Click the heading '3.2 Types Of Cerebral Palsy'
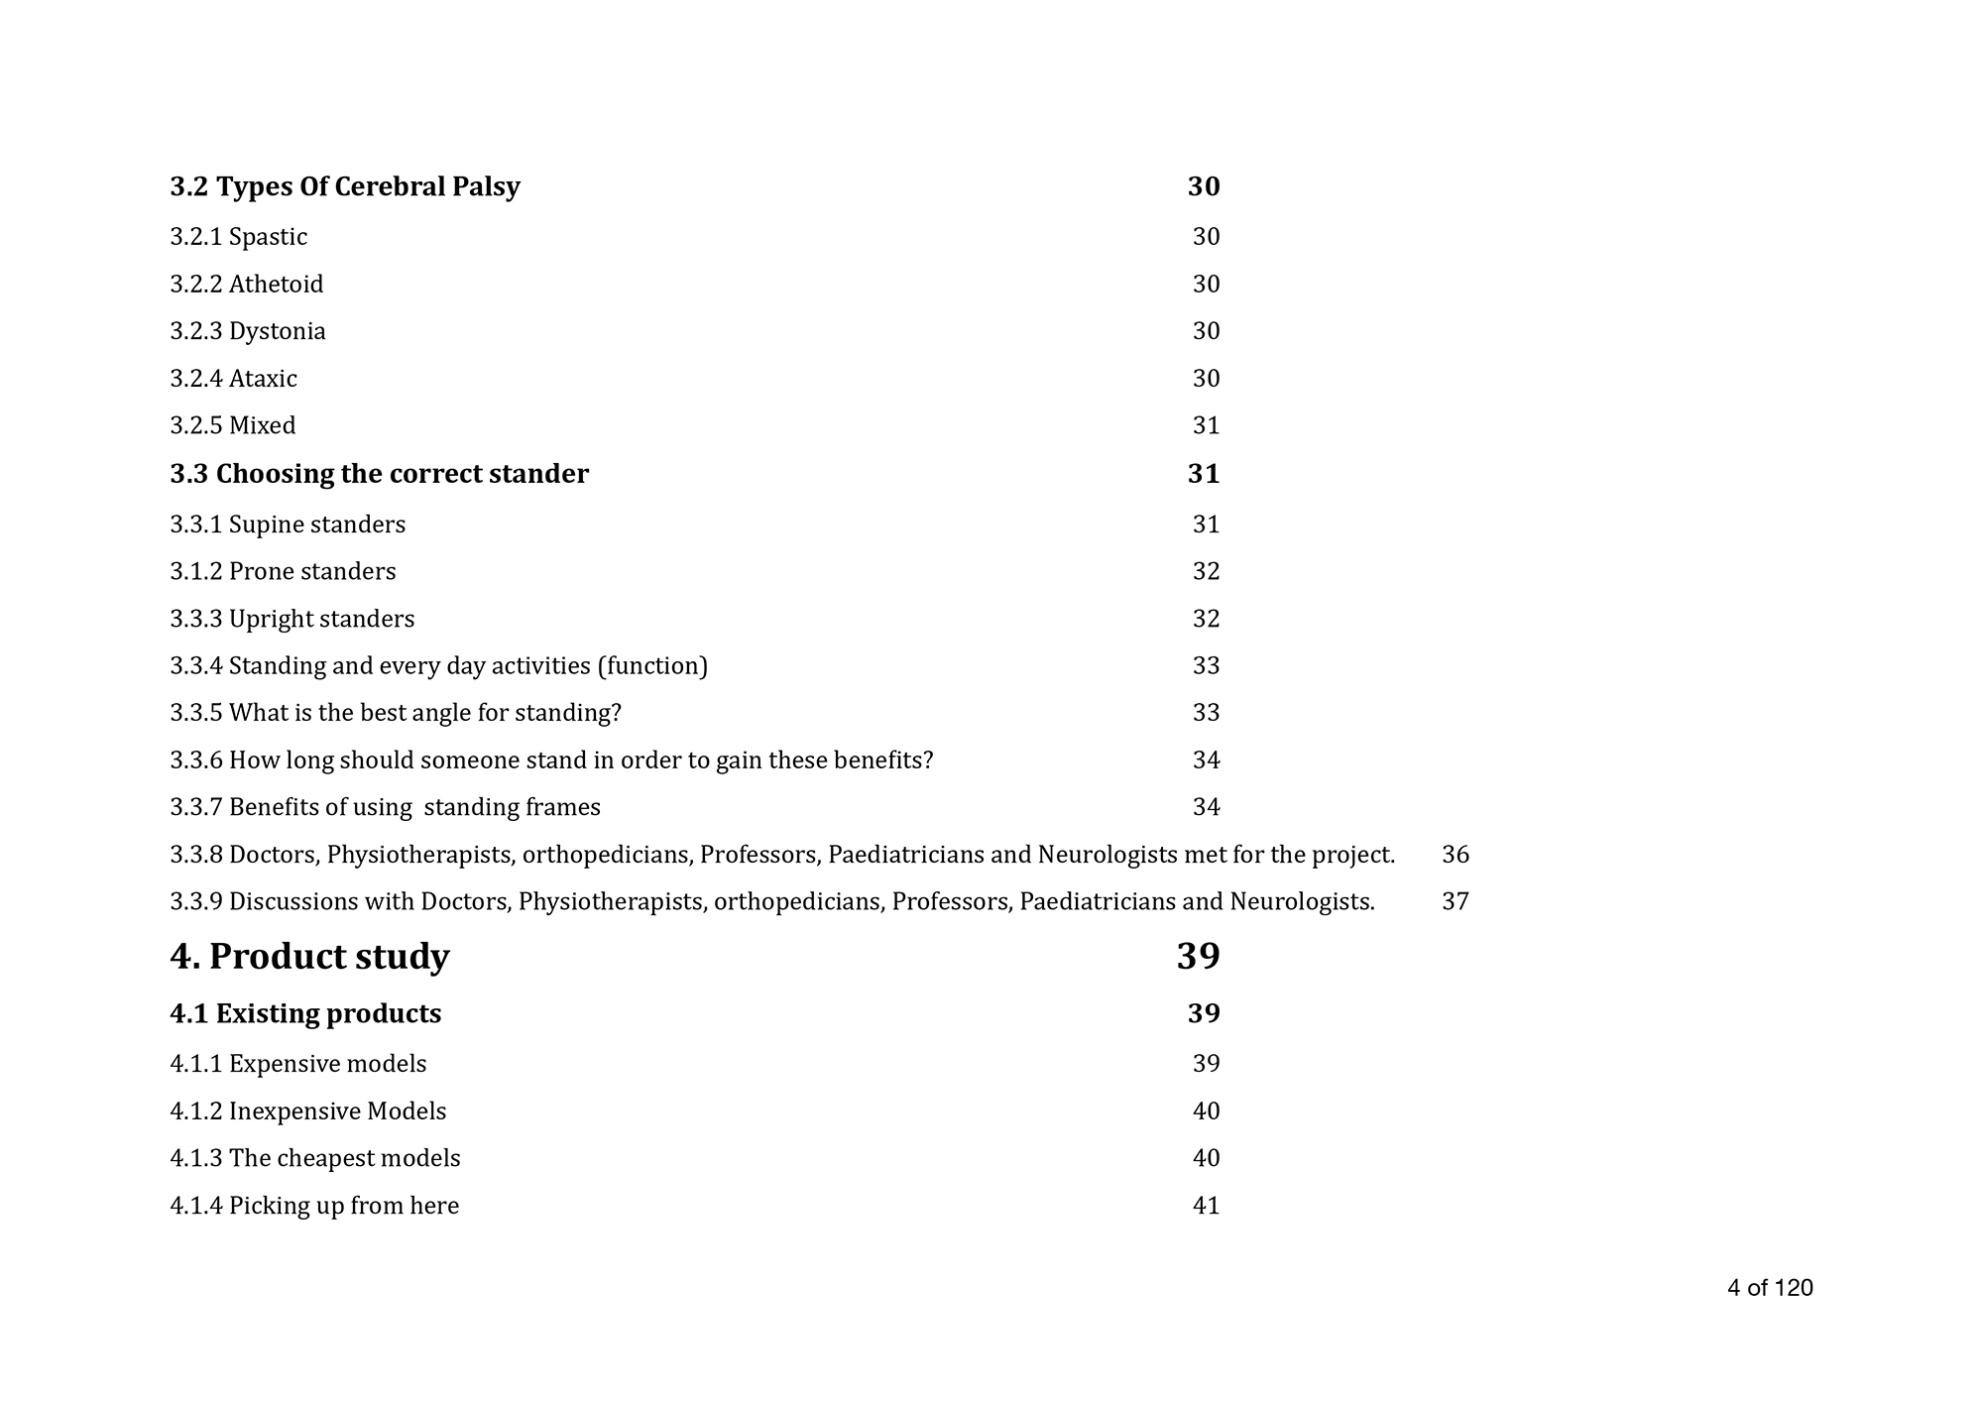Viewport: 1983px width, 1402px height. click(x=344, y=186)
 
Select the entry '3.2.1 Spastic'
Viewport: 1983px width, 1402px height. click(x=238, y=237)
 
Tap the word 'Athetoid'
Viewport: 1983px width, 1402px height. click(x=276, y=285)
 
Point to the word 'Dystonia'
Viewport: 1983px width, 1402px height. click(x=277, y=331)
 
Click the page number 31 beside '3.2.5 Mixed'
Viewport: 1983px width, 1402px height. click(x=1206, y=425)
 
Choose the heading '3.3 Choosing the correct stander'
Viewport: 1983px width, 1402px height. click(x=379, y=474)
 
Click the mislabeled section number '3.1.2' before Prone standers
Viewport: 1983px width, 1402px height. click(x=195, y=572)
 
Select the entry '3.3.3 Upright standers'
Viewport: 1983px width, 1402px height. click(x=292, y=619)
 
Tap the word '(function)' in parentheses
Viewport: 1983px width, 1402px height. click(x=652, y=665)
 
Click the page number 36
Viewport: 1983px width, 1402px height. click(x=1455, y=855)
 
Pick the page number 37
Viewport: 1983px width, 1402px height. click(x=1455, y=902)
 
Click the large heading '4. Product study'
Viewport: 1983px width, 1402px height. click(x=309, y=957)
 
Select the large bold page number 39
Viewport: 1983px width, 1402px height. click(x=1198, y=957)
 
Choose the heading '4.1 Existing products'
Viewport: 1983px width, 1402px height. click(x=305, y=1013)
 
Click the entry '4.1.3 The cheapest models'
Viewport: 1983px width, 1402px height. click(x=314, y=1158)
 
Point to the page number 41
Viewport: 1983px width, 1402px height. click(x=1206, y=1206)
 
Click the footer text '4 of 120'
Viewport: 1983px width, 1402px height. click(x=1770, y=1288)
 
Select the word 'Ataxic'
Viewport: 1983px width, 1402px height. click(x=263, y=379)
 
